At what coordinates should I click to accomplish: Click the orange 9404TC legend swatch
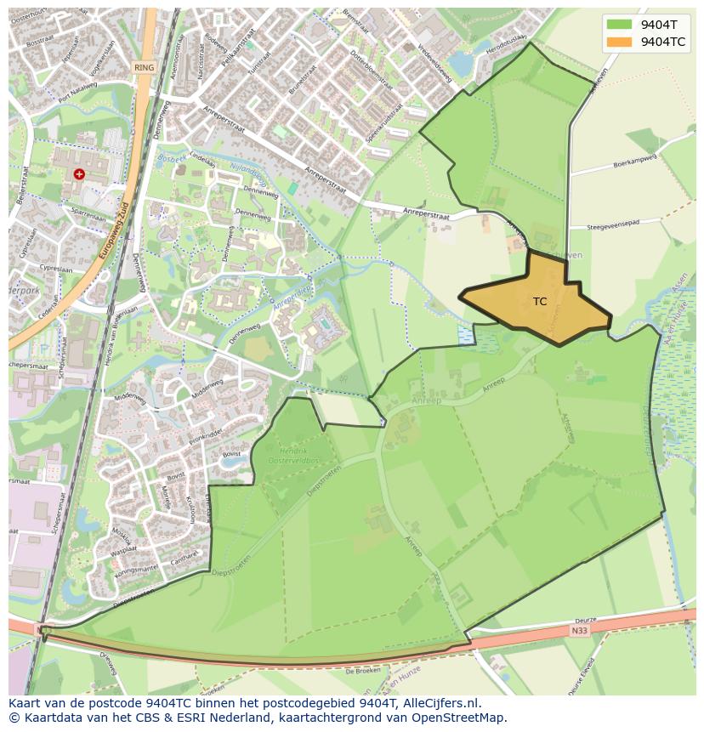coord(620,42)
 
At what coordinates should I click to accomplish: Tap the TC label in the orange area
coord(540,302)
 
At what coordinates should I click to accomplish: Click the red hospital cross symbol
coord(79,173)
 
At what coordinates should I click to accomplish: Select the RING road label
coord(143,67)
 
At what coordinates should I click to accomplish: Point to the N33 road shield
coord(579,631)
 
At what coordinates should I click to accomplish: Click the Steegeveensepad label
coord(624,226)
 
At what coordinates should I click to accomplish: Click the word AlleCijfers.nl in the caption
coord(440,704)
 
